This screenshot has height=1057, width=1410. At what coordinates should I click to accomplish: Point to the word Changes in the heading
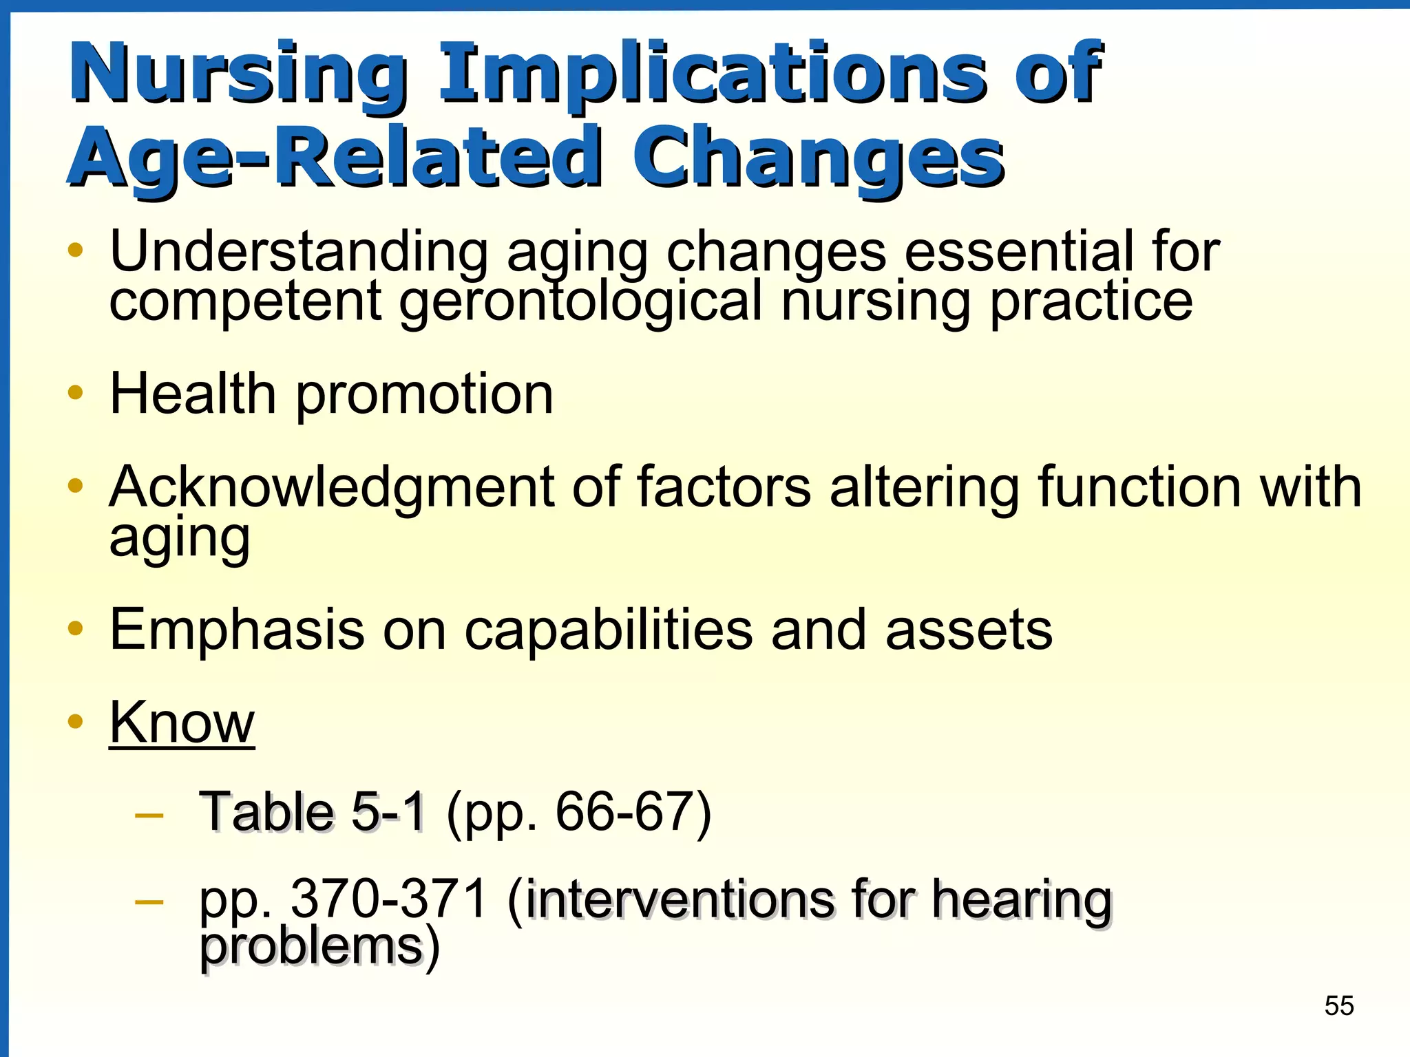tap(818, 158)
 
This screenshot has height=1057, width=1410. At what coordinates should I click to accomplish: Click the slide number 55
tap(1338, 1006)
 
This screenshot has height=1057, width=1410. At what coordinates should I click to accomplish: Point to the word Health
tap(193, 394)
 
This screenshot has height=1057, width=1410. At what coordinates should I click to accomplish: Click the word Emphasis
tap(237, 630)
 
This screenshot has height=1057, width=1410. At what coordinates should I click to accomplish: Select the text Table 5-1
tap(312, 812)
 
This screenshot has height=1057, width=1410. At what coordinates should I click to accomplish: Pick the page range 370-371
tap(390, 899)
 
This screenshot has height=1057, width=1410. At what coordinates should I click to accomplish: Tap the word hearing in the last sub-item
tap(1022, 900)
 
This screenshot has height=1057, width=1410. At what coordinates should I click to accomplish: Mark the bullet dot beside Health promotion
tap(76, 393)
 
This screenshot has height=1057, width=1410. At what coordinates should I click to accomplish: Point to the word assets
tap(969, 630)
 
